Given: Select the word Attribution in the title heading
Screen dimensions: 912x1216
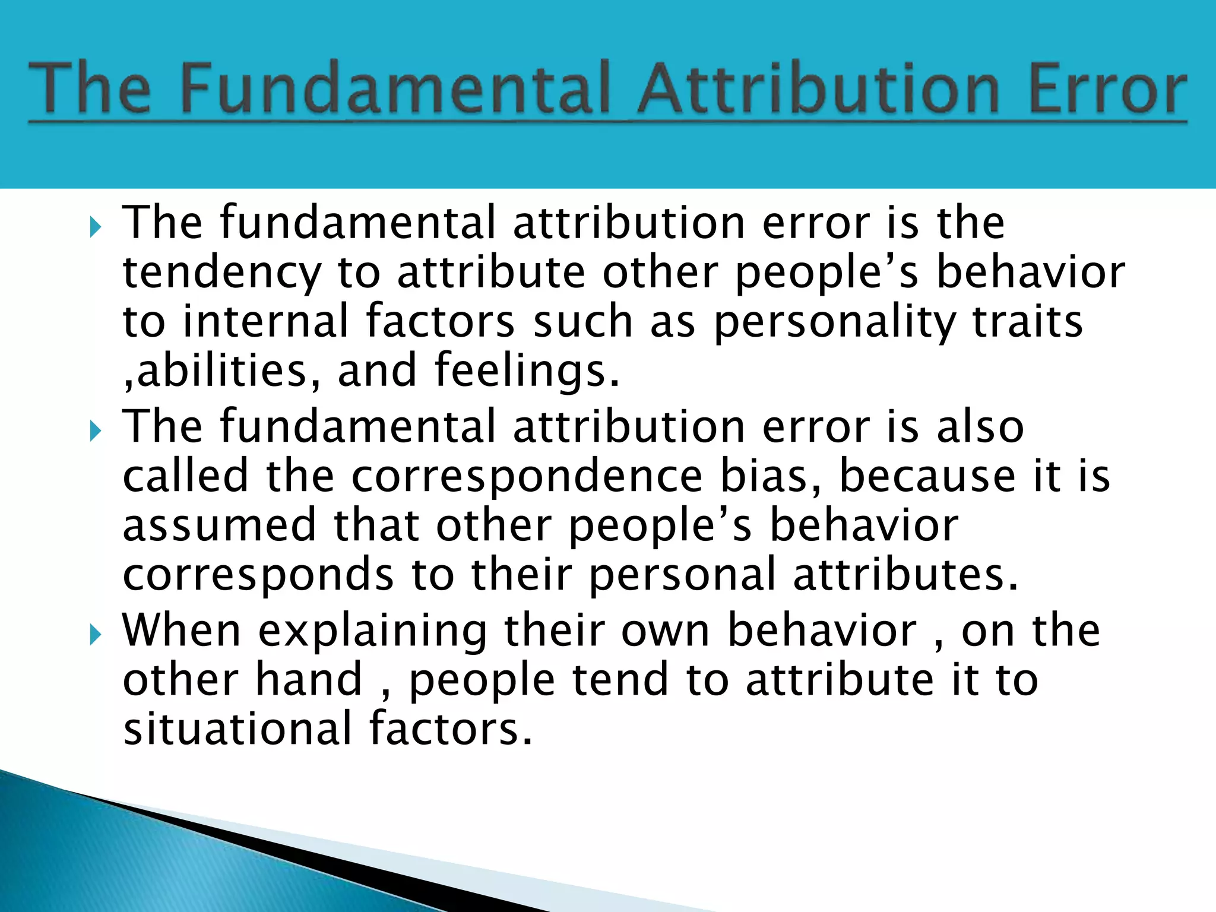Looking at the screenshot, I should point(819,89).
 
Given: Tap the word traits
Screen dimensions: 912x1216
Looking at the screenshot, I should point(1027,321).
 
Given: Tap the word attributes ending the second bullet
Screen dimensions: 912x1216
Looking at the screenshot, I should point(905,575).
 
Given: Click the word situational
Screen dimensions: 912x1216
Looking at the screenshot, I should point(237,729).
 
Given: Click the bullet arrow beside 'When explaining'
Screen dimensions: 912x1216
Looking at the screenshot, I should point(96,636).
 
